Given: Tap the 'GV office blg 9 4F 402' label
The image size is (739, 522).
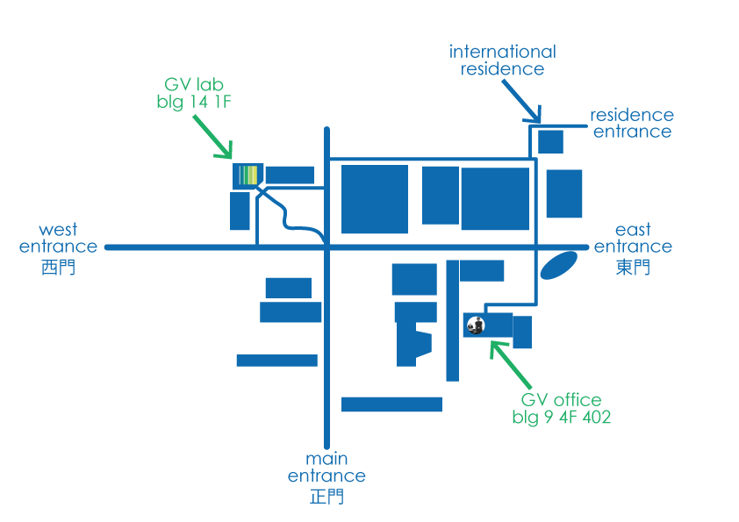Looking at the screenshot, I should (x=561, y=410).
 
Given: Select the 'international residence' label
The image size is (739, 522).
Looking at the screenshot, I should (x=503, y=61).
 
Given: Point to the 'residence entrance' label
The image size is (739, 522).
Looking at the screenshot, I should (x=632, y=124).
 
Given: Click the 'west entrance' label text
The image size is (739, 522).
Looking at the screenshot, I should (x=58, y=239).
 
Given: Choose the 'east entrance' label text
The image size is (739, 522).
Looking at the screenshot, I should (x=633, y=239).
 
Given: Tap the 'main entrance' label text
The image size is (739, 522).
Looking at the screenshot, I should (x=326, y=468).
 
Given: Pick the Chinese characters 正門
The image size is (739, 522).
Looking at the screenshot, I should (x=326, y=497).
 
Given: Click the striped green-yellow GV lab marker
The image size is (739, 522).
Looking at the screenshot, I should (x=249, y=175).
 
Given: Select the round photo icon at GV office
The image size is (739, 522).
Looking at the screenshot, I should (x=476, y=325).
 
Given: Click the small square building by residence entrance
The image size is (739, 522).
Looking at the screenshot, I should (x=550, y=141).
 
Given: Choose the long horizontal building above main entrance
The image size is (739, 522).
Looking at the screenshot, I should (x=391, y=404).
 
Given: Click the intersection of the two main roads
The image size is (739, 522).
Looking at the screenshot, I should (x=326, y=247).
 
